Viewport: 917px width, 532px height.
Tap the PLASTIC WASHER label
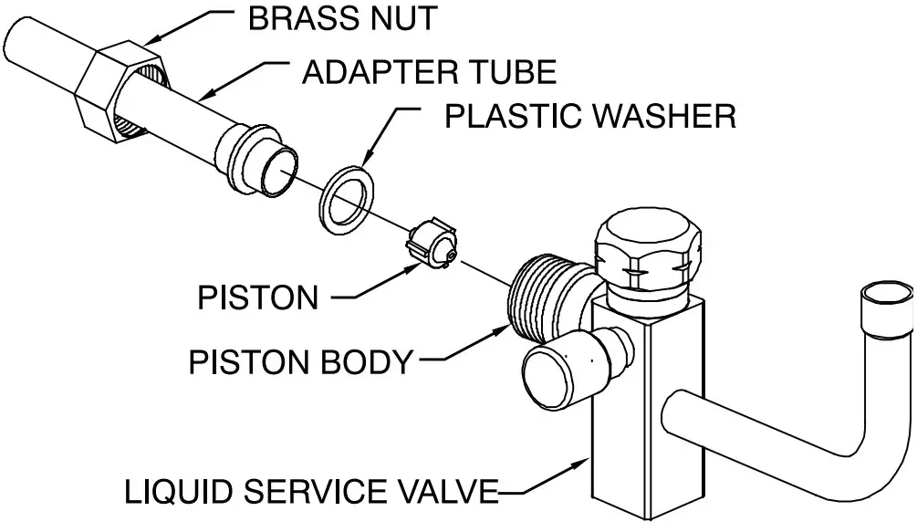[589, 116]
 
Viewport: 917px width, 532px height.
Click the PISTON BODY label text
[300, 362]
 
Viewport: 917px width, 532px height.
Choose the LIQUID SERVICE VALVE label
[310, 493]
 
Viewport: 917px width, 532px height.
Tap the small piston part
[432, 245]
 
